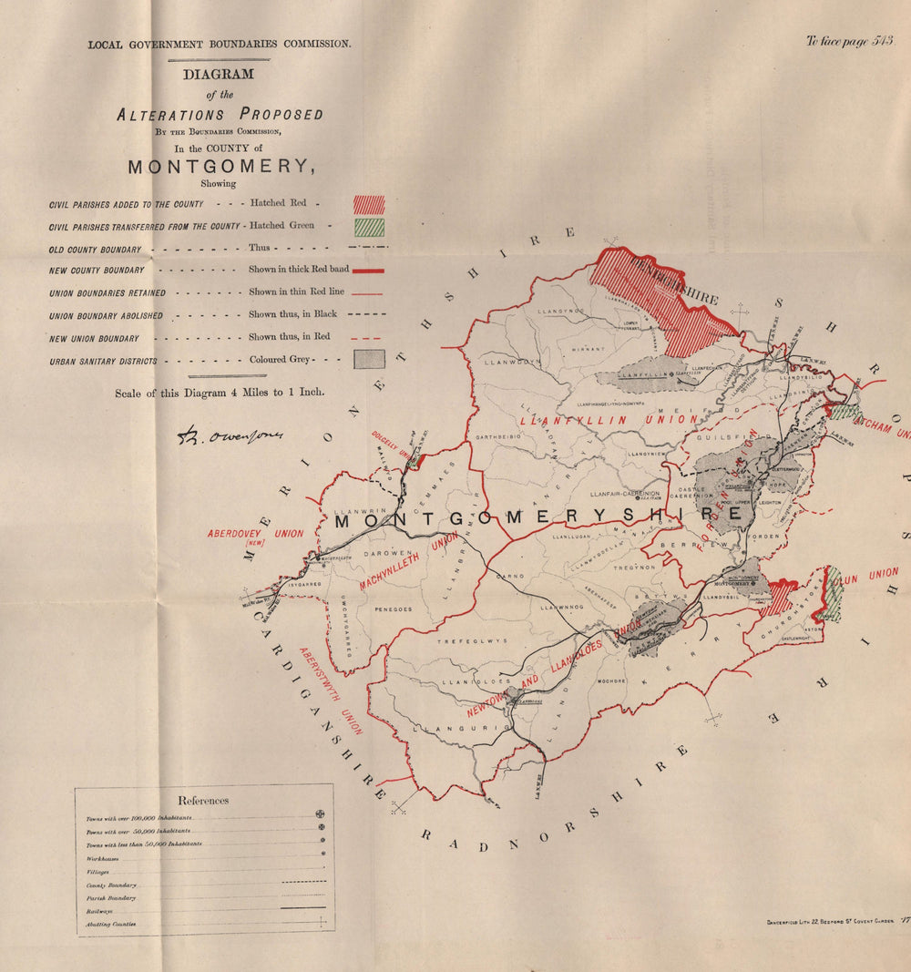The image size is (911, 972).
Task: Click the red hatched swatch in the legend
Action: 369,204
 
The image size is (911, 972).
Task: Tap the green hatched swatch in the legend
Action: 369,227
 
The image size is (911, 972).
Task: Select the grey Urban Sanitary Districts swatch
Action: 369,360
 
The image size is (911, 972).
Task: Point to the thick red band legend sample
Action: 366,271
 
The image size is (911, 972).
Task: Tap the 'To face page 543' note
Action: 849,41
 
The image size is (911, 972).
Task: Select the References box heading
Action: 203,801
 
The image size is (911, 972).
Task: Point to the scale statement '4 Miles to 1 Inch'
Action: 219,394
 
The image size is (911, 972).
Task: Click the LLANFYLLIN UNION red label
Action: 609,421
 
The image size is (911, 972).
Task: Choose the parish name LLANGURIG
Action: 444,729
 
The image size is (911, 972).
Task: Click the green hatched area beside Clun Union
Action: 832,595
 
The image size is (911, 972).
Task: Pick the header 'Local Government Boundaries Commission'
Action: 219,43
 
